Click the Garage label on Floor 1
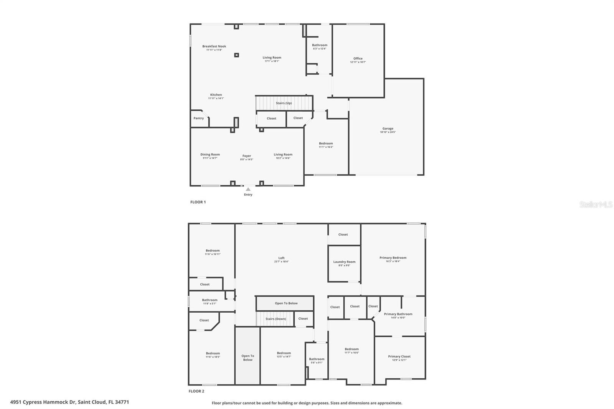[x=388, y=129]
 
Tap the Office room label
[x=358, y=58]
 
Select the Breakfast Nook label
[x=214, y=46]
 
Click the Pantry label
[x=198, y=118]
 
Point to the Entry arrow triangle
[x=248, y=189]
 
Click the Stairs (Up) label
[x=284, y=103]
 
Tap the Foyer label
[x=246, y=156]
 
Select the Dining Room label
[x=210, y=154]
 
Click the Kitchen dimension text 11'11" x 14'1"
[x=216, y=98]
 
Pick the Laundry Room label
[x=344, y=262]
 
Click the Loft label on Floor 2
[x=281, y=258]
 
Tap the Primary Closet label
[x=399, y=356]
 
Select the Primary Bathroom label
[x=398, y=314]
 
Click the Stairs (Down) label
[x=276, y=319]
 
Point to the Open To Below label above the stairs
[x=286, y=303]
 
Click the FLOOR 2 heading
[x=196, y=391]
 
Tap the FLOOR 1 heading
[x=198, y=202]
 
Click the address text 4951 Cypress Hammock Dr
[x=43, y=402]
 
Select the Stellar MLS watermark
[x=596, y=204]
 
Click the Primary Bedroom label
[x=393, y=257]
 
